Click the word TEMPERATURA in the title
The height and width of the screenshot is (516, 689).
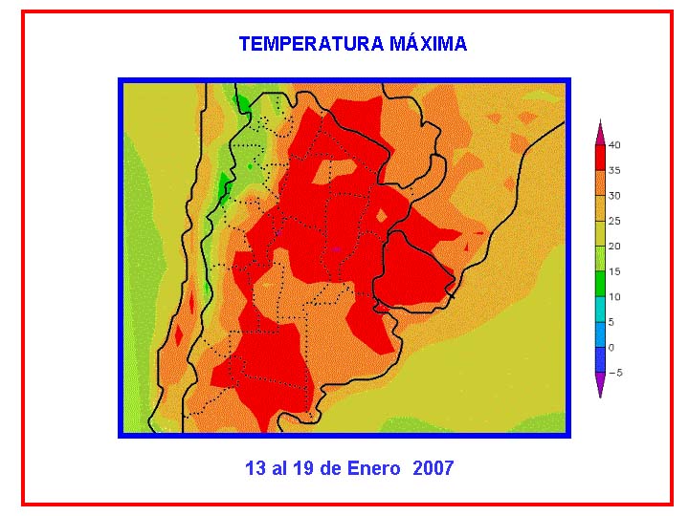[311, 44]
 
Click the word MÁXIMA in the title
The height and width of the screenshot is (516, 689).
[428, 44]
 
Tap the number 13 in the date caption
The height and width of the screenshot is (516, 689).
[256, 467]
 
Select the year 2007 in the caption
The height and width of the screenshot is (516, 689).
[433, 467]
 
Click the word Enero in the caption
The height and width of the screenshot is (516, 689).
[373, 467]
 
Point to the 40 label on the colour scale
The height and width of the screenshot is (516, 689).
[614, 145]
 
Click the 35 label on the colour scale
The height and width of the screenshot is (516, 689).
[614, 170]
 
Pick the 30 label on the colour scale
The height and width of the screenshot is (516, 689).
[614, 196]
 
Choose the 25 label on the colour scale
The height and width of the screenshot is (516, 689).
[614, 221]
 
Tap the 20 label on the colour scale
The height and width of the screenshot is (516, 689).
[614, 247]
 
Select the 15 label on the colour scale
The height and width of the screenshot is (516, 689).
[614, 271]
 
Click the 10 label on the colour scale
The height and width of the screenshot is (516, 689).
[614, 296]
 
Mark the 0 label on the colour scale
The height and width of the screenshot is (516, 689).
[611, 348]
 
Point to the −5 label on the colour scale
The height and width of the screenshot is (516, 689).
[615, 373]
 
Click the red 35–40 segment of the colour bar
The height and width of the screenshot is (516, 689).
[600, 158]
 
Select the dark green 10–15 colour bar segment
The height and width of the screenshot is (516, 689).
[600, 285]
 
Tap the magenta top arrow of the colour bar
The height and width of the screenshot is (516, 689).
[600, 133]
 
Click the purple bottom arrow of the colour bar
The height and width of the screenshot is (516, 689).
[600, 384]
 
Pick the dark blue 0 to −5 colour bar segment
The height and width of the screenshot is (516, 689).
[600, 360]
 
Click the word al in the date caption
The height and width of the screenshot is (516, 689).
[279, 467]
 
